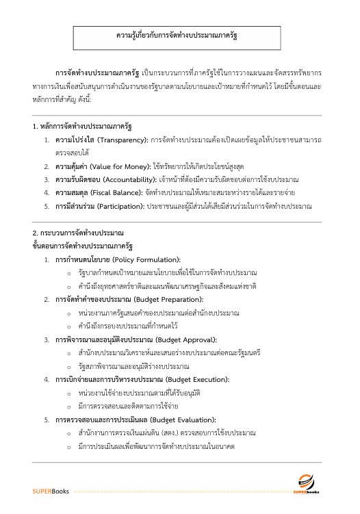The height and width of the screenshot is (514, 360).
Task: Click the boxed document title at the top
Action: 181,34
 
